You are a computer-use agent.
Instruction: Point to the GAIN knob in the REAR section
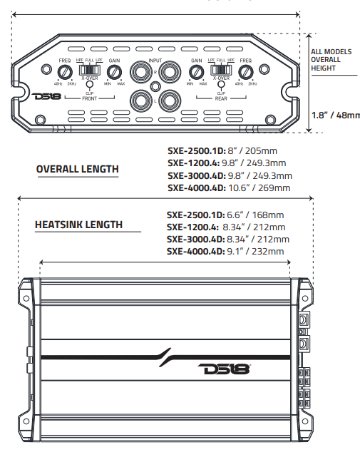tap(195, 71)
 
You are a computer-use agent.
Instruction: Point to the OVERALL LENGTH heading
tap(77, 169)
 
